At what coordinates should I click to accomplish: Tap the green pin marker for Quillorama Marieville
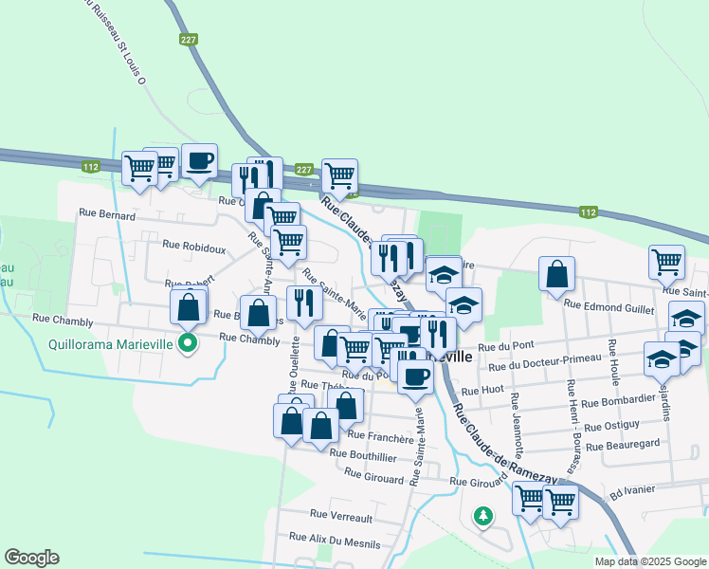click(188, 343)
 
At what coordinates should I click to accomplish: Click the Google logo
click(31, 558)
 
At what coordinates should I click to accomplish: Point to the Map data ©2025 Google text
click(648, 561)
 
